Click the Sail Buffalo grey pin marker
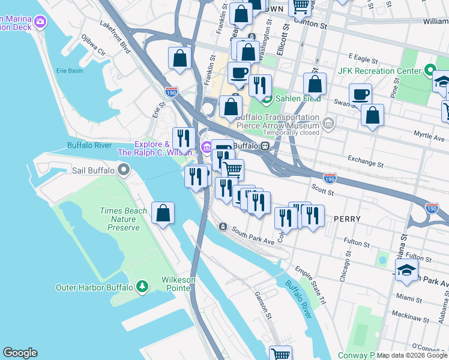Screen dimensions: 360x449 click(124, 171)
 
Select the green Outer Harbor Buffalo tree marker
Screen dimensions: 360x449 click(142, 287)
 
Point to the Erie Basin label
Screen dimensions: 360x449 click(70, 71)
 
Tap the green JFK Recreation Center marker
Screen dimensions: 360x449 click(429, 71)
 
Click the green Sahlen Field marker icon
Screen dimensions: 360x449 click(266, 98)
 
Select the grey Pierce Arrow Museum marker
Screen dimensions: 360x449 click(328, 124)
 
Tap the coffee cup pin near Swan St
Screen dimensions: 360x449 click(360, 94)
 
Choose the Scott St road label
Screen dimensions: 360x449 click(322, 192)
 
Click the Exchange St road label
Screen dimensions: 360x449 click(365, 161)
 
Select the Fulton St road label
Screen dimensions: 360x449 click(357, 243)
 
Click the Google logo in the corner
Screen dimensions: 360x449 click(20, 353)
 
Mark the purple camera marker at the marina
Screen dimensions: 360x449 click(40, 23)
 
